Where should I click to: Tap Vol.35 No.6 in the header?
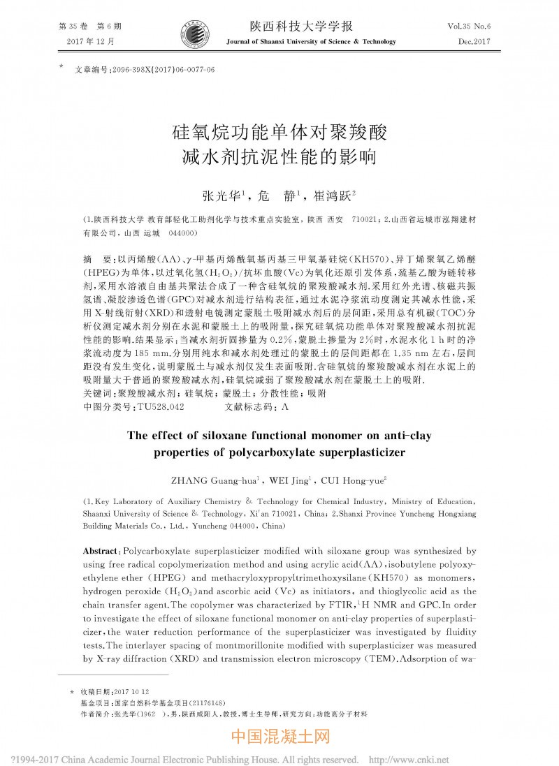click(x=469, y=26)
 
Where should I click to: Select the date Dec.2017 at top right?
click(x=474, y=42)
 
